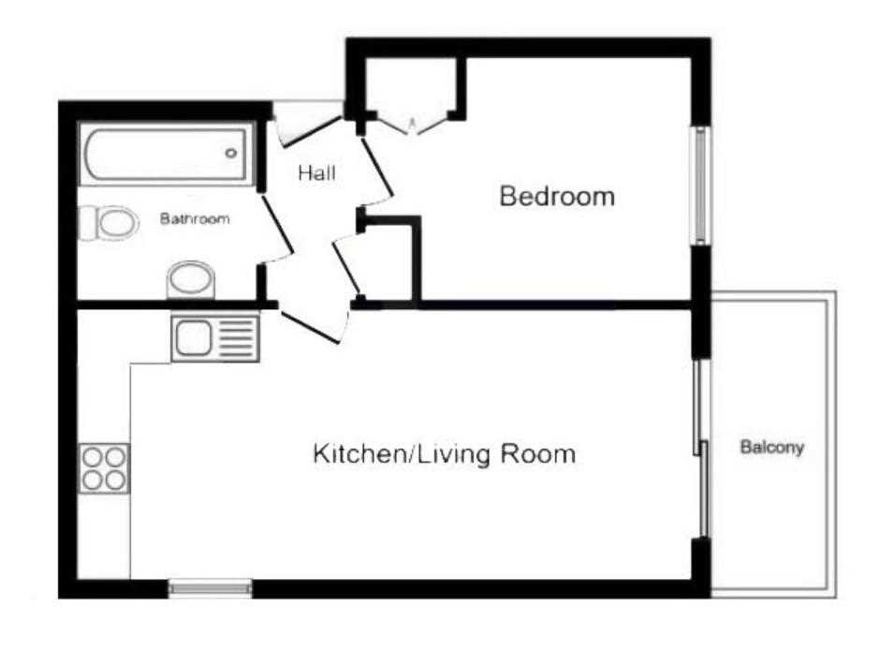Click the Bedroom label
click(x=557, y=196)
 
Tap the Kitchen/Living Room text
click(x=445, y=454)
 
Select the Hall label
click(x=317, y=173)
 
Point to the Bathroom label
click(x=195, y=219)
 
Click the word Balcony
click(x=772, y=447)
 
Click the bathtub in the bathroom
click(x=166, y=154)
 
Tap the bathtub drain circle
click(x=231, y=153)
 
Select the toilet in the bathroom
click(x=109, y=223)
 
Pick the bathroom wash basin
click(x=190, y=280)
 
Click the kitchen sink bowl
click(x=193, y=338)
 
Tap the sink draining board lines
click(x=237, y=338)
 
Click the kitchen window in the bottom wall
click(x=211, y=588)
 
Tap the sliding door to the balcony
click(x=702, y=449)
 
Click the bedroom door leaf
click(x=377, y=167)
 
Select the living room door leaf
click(x=308, y=328)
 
